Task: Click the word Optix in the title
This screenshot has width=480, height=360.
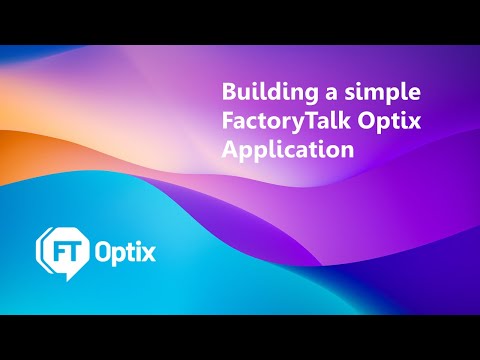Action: point(385,124)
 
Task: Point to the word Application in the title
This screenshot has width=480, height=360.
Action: point(288,153)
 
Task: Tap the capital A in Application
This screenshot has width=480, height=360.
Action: point(229,152)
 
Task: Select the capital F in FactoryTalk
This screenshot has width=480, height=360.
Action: point(227,123)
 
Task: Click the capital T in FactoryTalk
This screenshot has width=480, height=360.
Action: point(300,123)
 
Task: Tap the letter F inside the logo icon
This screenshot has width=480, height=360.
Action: point(56,248)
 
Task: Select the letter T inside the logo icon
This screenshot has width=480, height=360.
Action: point(71,248)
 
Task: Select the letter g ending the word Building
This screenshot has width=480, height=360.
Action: point(302,97)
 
